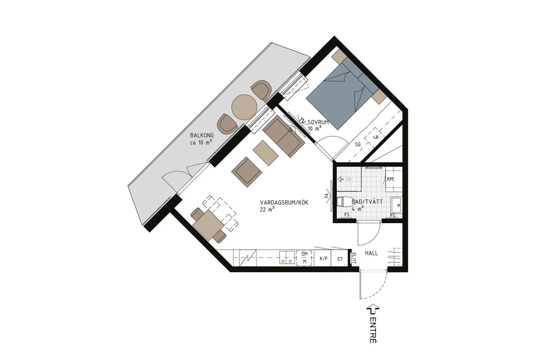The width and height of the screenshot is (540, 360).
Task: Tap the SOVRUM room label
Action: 318,122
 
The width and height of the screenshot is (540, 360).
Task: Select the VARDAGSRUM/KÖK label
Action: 284,202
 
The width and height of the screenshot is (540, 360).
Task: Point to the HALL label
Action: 371,253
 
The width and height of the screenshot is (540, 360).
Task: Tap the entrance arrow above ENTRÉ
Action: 373,309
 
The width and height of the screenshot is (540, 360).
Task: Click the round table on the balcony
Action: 244,107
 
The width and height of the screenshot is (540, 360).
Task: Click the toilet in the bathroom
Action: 345,202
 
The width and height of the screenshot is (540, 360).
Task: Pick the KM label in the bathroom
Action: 390,179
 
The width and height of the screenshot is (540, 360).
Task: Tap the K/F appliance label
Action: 324,258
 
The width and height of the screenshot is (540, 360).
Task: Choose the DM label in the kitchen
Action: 305,254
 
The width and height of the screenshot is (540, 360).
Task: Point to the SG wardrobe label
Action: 358,145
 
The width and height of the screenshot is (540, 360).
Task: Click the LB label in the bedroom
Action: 376,137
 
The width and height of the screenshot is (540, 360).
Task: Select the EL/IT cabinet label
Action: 354,258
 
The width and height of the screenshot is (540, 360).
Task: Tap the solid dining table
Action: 208,225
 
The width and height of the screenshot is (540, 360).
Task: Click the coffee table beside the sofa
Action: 265,153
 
